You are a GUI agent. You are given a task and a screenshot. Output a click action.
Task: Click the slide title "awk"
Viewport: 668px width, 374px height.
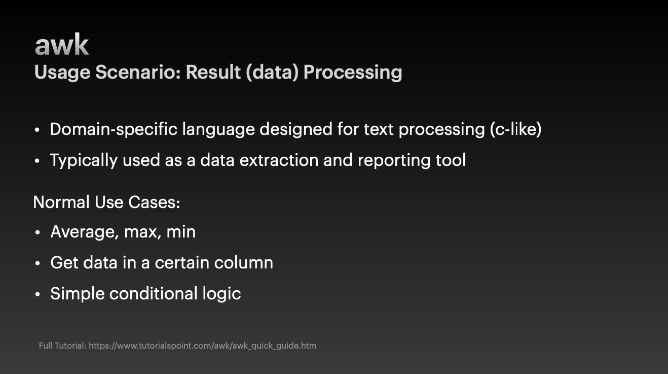coord(62,44)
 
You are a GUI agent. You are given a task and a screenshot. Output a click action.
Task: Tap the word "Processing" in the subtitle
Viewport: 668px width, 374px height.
coord(353,73)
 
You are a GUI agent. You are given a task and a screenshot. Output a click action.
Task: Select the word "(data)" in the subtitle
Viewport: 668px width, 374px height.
coord(272,72)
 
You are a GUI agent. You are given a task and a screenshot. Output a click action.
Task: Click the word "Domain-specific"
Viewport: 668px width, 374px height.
coord(114,129)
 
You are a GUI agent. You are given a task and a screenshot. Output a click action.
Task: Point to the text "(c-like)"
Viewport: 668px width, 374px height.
coord(515,129)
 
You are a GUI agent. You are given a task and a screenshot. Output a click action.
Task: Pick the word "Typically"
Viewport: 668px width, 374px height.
coord(84,160)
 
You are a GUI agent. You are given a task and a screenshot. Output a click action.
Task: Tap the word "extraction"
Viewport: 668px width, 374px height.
coord(279,160)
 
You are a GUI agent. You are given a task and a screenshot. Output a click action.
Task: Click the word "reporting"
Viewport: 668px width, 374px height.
coord(394,160)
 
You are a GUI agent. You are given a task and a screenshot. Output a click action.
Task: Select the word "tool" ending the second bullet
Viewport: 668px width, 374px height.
coord(451,160)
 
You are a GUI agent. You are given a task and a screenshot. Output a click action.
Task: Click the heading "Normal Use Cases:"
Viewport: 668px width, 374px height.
coord(106,202)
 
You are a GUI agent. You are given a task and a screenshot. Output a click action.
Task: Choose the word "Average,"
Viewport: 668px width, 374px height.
coord(85,232)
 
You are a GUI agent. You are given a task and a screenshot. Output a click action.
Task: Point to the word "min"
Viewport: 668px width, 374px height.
coord(181,232)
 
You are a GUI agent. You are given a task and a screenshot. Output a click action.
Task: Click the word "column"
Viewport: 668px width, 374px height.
coord(244,263)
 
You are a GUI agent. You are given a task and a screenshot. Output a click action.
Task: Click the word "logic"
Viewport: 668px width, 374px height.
coord(221,294)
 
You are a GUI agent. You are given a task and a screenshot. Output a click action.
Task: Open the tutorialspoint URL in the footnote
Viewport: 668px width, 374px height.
coord(203,346)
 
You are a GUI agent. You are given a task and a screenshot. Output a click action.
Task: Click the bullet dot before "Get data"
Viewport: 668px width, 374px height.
coord(38,263)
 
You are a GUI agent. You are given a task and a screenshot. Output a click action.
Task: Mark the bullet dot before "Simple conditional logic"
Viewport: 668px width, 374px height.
coord(38,294)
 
